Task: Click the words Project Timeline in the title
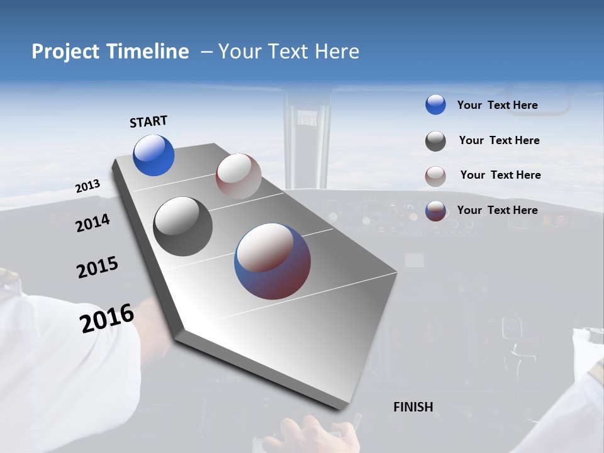(110, 52)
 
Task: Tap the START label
(148, 121)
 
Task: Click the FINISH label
(413, 407)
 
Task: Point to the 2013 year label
(87, 186)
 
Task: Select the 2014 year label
(92, 223)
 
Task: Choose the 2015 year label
(98, 267)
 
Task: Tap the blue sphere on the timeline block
(154, 155)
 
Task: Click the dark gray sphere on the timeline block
(183, 226)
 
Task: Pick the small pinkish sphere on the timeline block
(238, 176)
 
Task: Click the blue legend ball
(435, 104)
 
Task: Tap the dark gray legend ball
(435, 141)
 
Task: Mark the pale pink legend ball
(435, 176)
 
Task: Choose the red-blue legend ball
(435, 211)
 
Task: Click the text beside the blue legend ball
(497, 105)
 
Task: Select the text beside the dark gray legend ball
(499, 140)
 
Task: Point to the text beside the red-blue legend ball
(497, 210)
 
